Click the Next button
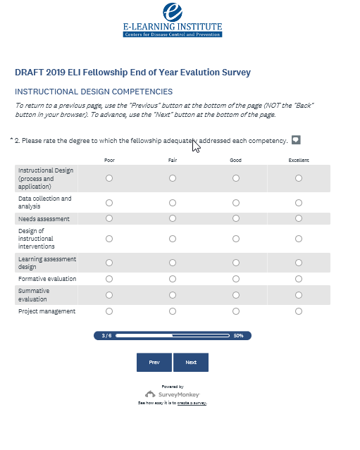pos(191,362)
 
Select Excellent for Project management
pos(299,311)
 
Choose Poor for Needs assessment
pos(109,218)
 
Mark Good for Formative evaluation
pos(236,279)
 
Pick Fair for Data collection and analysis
pos(173,203)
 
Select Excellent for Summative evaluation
pos(299,295)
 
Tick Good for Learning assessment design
pos(236,263)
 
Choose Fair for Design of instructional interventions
pos(173,239)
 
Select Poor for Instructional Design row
pos(109,178)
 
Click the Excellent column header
pos(299,160)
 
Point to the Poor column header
pos(109,160)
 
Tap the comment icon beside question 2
pos(296,140)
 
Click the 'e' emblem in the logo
pos(173,12)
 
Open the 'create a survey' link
pos(192,403)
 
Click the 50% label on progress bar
pos(238,335)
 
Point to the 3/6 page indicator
pos(106,335)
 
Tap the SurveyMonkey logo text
pos(179,394)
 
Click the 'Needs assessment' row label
pos(44,219)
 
